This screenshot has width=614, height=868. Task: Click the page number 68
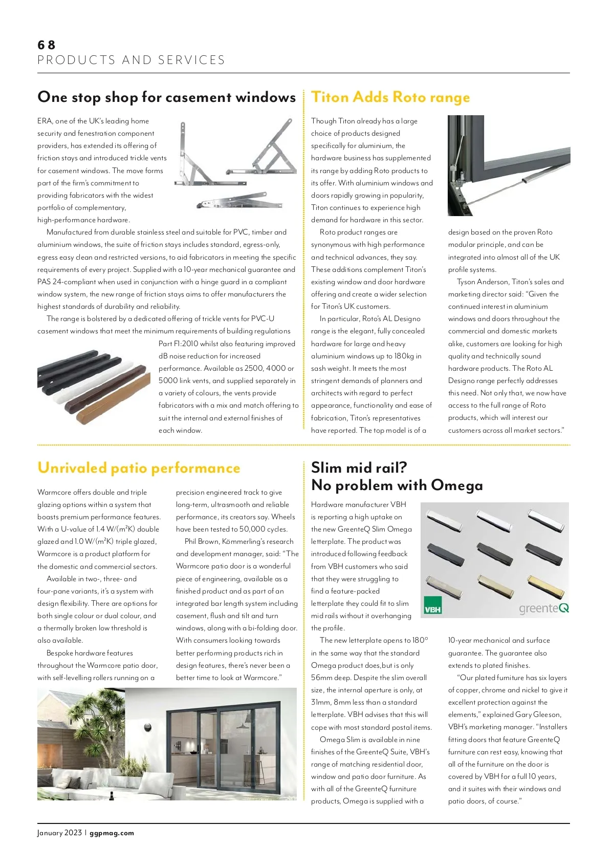click(46, 45)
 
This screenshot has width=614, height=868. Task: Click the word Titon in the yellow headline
click(330, 97)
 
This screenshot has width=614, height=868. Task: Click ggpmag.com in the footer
click(112, 833)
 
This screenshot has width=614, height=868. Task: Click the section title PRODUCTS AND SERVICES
click(131, 60)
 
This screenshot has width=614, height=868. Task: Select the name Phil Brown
click(202, 541)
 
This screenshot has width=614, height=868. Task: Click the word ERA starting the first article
click(45, 121)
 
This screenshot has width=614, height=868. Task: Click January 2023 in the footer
click(59, 833)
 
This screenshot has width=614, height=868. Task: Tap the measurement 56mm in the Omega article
click(321, 678)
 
